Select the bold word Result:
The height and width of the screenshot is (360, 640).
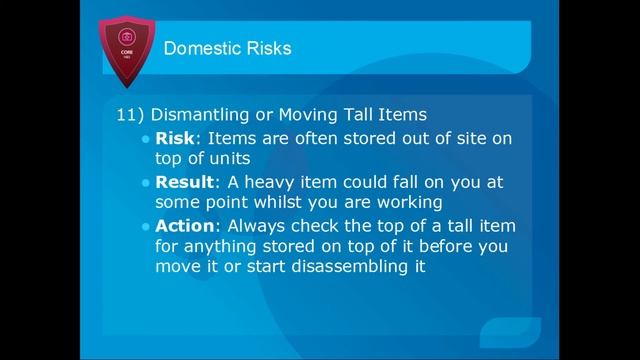pos(185,182)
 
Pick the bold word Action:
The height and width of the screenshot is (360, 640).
pos(185,226)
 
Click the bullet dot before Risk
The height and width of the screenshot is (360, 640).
pos(147,139)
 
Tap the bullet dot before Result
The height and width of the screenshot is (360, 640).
pos(147,183)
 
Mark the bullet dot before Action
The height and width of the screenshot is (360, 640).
pos(147,227)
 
